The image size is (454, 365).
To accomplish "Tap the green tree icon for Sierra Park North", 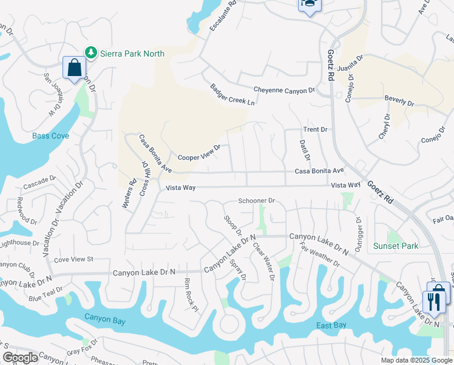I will (91, 53).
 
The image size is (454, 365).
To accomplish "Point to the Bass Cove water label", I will (50, 136).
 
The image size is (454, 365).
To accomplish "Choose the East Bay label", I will (331, 325).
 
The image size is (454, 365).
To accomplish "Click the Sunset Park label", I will (396, 246).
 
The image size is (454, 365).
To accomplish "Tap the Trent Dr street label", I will (315, 130).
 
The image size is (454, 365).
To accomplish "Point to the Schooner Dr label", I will (257, 200).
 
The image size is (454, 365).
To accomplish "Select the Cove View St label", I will (73, 259).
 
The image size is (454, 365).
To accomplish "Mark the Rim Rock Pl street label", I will (191, 294).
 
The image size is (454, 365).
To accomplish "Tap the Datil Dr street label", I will (305, 150).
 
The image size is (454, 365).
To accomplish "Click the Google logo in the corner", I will (19, 358).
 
